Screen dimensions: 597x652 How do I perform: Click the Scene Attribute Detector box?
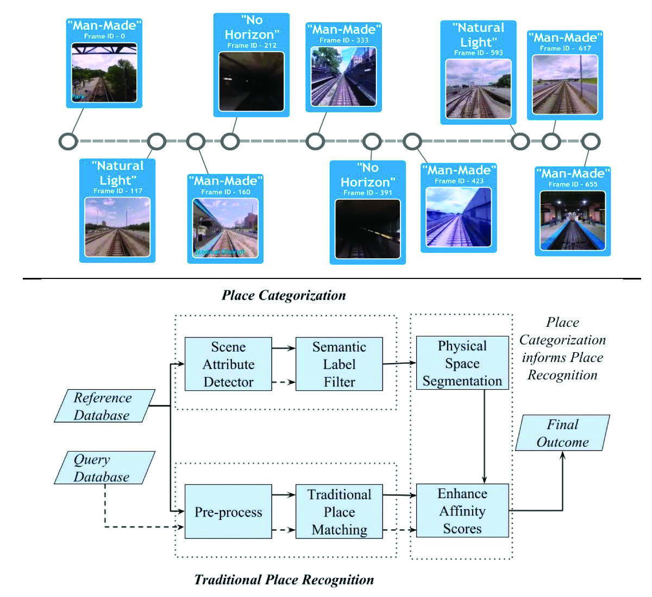(x=228, y=364)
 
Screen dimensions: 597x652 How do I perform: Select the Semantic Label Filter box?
(x=339, y=364)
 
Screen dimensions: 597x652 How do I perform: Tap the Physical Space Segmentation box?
(x=462, y=363)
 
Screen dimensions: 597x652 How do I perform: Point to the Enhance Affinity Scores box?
(x=462, y=511)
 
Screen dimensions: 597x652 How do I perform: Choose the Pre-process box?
(x=228, y=512)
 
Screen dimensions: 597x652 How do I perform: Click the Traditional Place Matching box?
(x=339, y=512)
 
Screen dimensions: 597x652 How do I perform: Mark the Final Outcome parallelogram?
(x=562, y=433)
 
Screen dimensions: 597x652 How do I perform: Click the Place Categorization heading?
(x=284, y=295)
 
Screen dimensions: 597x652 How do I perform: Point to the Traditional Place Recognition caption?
(x=284, y=580)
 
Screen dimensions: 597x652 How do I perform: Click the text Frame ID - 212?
(x=252, y=46)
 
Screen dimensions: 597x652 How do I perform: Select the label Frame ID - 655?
(x=573, y=185)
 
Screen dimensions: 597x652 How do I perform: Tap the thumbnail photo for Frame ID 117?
(x=117, y=227)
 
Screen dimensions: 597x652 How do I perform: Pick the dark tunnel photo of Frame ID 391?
(x=367, y=229)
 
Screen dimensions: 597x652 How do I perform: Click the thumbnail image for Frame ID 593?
(x=478, y=88)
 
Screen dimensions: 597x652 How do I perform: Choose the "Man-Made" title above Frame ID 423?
(x=459, y=170)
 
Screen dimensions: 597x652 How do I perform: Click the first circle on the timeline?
(x=68, y=141)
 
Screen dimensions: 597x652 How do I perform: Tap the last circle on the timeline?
(x=590, y=142)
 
